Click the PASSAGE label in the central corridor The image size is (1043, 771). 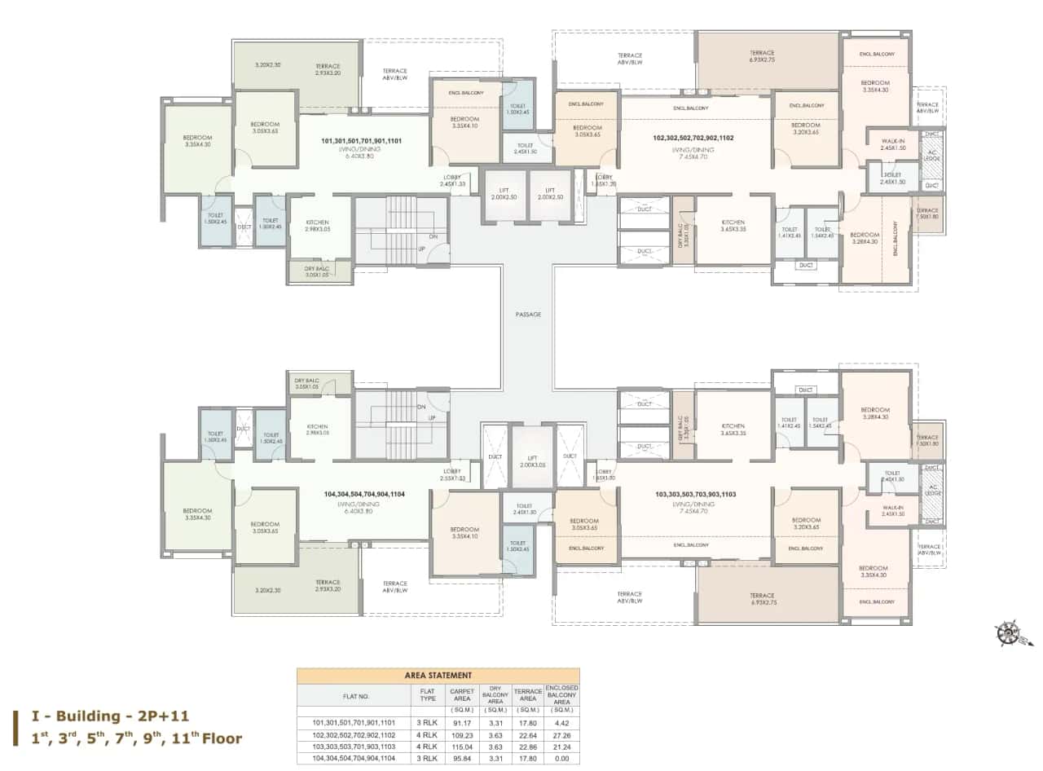pos(528,314)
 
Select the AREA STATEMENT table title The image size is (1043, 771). pos(438,675)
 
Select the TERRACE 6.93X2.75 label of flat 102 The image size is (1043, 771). pos(762,55)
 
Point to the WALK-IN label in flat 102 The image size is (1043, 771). pos(894,143)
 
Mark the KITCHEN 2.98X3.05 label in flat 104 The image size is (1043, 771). pos(317,430)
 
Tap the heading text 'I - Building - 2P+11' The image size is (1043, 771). pos(110,716)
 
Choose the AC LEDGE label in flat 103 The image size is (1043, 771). pos(932,492)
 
